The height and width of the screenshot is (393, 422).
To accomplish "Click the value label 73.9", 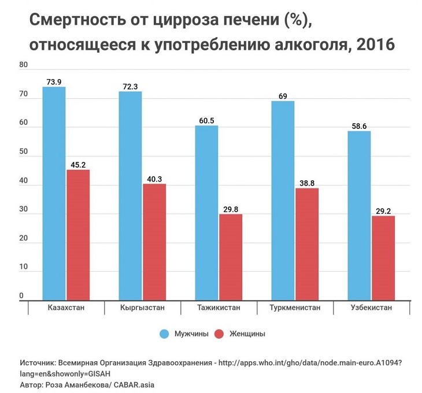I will coord(54,81).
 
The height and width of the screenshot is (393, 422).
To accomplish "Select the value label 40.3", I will coord(154,179).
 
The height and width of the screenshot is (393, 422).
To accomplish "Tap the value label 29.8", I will coord(231,209).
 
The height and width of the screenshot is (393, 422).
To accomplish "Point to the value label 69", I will coord(283,96).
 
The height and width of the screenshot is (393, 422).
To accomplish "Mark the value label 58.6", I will coord(359,125).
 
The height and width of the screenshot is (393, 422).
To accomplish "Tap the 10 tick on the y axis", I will coord(24,267).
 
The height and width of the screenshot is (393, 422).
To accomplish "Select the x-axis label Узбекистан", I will coord(371,307).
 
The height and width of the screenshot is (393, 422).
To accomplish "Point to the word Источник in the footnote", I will coord(38,363).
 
